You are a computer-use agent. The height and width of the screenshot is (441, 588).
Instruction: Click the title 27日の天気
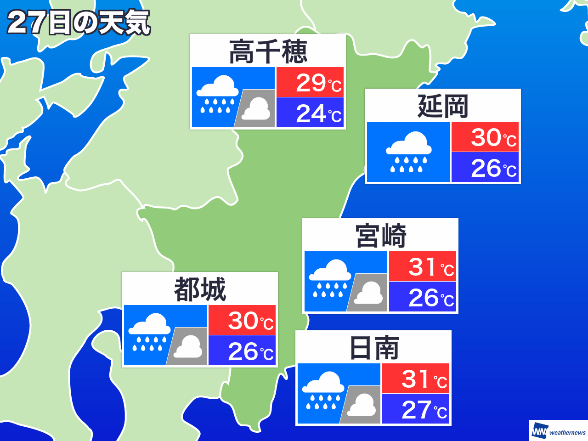[x=79, y=23]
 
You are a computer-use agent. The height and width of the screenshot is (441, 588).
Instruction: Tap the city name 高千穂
[x=268, y=51]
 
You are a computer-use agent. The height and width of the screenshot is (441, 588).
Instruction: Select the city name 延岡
[x=442, y=106]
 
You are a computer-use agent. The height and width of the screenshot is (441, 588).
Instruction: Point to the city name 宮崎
[x=380, y=236]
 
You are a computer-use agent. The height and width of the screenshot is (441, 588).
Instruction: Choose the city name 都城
[x=200, y=289]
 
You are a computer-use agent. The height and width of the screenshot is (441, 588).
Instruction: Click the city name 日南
[x=373, y=348]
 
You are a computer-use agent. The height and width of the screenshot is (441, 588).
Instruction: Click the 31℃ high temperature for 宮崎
[x=423, y=266]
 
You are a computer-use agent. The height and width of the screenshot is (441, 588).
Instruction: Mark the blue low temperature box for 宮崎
[x=423, y=297]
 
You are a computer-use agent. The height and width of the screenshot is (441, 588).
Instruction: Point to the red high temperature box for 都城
[x=242, y=320]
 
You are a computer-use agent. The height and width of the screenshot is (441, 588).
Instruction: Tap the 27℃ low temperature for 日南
[x=416, y=409]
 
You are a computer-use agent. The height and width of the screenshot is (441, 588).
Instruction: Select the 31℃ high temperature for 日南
[x=416, y=379]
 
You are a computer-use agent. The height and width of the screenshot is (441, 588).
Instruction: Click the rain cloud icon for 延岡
[x=408, y=152]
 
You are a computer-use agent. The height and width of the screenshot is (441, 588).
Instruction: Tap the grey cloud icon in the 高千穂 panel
[x=256, y=109]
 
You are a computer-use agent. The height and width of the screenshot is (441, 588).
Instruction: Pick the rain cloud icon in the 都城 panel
[x=149, y=332]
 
